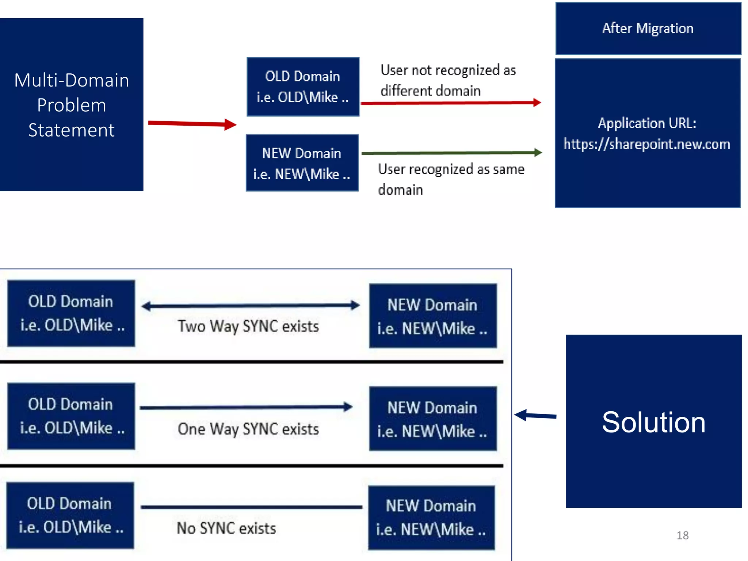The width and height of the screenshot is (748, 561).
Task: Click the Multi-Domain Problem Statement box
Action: (72, 105)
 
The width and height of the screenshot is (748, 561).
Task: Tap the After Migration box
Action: (648, 28)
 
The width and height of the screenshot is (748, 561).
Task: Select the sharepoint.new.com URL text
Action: (647, 144)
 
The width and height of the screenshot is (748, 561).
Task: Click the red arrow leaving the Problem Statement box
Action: (192, 123)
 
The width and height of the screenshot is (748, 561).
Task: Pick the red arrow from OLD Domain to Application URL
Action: (450, 103)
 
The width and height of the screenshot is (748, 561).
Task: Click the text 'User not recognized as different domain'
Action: (448, 80)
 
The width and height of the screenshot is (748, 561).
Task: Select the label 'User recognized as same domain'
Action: (451, 179)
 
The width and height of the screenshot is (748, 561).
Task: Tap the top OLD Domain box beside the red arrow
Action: (303, 87)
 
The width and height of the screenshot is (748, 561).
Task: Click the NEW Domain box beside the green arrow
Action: (302, 163)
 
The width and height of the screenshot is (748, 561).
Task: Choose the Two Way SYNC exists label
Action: (248, 326)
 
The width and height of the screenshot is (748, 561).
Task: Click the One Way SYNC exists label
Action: (248, 429)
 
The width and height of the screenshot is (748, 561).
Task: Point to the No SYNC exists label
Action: (226, 528)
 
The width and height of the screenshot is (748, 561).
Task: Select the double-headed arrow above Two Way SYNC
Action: (251, 305)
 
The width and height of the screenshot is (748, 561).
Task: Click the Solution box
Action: (653, 421)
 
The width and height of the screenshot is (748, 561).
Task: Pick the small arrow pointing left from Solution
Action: (535, 415)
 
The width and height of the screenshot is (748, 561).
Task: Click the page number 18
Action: (682, 535)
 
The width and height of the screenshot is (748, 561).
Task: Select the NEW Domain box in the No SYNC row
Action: (431, 518)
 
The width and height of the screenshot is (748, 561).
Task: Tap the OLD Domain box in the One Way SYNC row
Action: (71, 416)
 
